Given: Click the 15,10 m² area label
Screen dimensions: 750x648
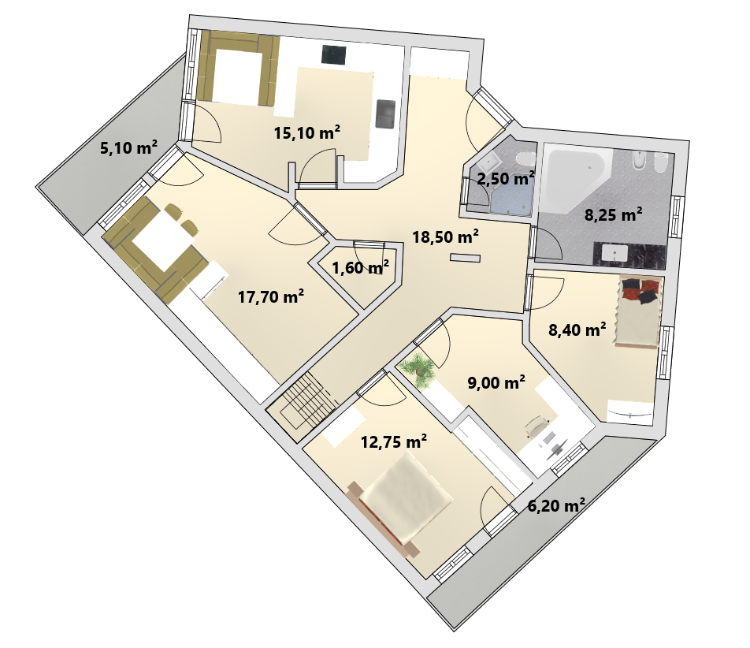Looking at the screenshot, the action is click(x=307, y=132).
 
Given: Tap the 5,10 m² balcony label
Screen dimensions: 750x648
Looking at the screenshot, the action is click(x=128, y=147).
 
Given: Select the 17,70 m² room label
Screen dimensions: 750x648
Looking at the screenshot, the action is click(x=271, y=296).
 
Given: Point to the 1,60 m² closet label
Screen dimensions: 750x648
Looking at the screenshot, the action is click(x=360, y=267).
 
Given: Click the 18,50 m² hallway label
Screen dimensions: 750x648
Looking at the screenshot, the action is click(x=446, y=236).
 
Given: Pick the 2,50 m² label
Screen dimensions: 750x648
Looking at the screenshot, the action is click(x=506, y=178).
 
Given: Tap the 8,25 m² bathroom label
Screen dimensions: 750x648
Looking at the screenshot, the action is click(x=613, y=215).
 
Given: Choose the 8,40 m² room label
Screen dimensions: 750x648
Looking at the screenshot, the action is click(x=577, y=330).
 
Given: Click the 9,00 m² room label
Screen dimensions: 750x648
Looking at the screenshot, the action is click(x=496, y=382).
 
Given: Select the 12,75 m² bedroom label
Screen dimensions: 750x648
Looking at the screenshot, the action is click(x=394, y=441).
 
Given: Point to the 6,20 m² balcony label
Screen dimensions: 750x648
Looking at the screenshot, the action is click(x=556, y=505).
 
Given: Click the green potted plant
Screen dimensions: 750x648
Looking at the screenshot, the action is click(x=418, y=369).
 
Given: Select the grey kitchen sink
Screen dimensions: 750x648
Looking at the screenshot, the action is click(x=385, y=114).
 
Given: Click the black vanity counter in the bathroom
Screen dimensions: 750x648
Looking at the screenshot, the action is click(x=629, y=255).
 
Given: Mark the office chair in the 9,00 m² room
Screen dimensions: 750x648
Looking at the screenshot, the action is click(x=537, y=425).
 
